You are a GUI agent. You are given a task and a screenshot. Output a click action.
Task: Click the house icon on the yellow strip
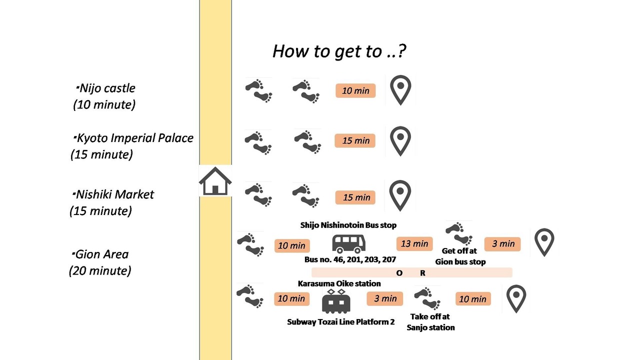click(x=215, y=181)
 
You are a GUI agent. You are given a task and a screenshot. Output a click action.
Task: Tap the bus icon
click(x=348, y=244)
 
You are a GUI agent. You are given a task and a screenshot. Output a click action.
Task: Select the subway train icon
click(x=336, y=301)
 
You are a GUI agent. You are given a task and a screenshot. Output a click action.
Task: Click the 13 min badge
click(x=414, y=243)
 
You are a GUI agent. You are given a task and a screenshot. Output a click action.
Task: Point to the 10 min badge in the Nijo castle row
click(x=355, y=90)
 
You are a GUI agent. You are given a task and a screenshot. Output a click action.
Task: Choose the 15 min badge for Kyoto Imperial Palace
click(x=355, y=140)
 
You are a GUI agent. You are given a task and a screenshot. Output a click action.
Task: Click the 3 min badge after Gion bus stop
click(x=502, y=243)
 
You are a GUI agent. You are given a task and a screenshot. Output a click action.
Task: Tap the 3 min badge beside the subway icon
click(x=385, y=298)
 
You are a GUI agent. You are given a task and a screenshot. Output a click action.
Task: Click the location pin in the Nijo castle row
click(x=400, y=90)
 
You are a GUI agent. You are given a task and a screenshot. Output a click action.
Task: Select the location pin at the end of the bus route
click(x=544, y=242)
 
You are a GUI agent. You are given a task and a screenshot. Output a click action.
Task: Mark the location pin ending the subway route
click(x=516, y=299)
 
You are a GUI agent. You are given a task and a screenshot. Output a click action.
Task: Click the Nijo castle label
click(x=107, y=88)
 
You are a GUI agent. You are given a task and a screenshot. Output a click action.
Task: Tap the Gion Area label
click(x=101, y=254)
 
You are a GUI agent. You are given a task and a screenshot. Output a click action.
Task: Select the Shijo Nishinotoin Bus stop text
click(x=348, y=225)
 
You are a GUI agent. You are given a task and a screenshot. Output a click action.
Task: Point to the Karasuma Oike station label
click(x=339, y=283)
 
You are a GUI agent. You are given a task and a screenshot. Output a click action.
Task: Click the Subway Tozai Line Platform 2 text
click(x=340, y=322)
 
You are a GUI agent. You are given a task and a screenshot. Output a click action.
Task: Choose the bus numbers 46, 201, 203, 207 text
click(x=349, y=259)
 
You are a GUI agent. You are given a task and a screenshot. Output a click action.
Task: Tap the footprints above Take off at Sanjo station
click(x=427, y=298)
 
